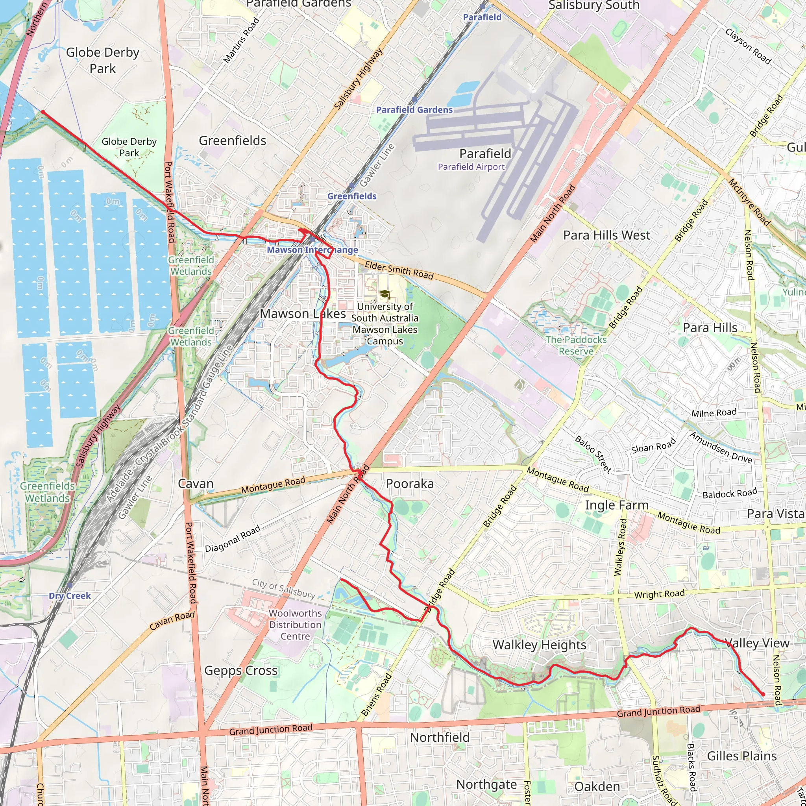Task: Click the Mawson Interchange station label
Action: pyautogui.click(x=312, y=250)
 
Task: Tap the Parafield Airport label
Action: pyautogui.click(x=471, y=167)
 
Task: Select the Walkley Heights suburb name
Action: pyautogui.click(x=539, y=645)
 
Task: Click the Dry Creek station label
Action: pyautogui.click(x=70, y=596)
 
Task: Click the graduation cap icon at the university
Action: pyautogui.click(x=385, y=294)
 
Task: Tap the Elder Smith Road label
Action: pyautogui.click(x=399, y=270)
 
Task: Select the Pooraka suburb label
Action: pyautogui.click(x=409, y=484)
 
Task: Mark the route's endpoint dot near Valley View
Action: pyautogui.click(x=763, y=694)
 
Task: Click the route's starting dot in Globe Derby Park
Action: pyautogui.click(x=43, y=111)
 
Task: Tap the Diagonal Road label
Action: pyautogui.click(x=232, y=538)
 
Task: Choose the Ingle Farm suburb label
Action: pyautogui.click(x=616, y=505)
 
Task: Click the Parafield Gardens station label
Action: pyautogui.click(x=414, y=110)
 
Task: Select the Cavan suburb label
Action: pyautogui.click(x=195, y=484)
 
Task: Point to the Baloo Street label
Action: pyautogui.click(x=593, y=454)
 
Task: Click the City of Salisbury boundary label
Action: pyautogui.click(x=283, y=589)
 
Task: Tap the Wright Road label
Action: pyautogui.click(x=659, y=594)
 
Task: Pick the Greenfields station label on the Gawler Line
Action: pyautogui.click(x=351, y=196)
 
